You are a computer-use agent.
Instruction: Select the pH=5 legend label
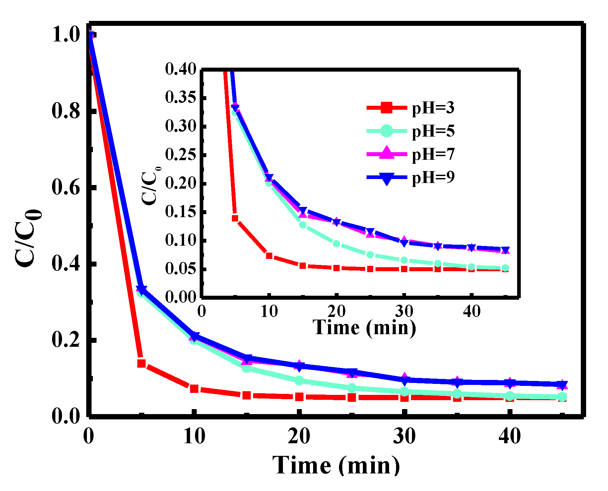point(433,131)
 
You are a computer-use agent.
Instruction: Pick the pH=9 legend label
point(433,177)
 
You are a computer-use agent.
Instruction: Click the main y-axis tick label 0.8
point(66,111)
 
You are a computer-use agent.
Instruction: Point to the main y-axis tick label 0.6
point(66,187)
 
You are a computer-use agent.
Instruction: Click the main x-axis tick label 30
point(404,436)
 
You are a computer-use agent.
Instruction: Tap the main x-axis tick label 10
point(194,436)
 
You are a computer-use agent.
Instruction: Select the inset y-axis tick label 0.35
point(181,97)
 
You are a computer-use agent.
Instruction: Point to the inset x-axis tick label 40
point(471,311)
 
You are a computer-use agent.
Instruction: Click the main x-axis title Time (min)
point(336,465)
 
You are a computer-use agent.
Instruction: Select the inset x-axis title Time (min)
point(364,328)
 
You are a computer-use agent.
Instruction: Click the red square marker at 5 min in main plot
point(141,363)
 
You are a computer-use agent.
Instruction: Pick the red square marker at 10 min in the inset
point(269,256)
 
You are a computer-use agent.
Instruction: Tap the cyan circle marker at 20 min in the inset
point(336,244)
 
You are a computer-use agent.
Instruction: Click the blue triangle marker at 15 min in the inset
point(303,210)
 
